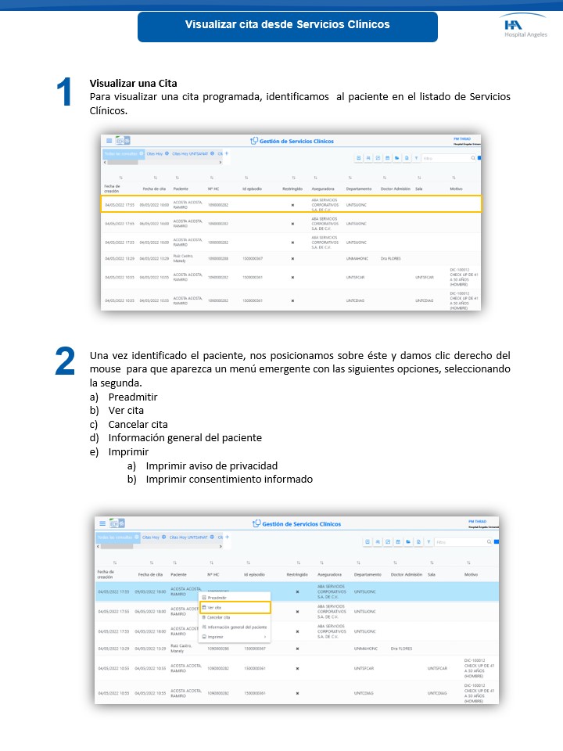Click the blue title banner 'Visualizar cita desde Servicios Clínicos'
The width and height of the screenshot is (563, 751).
coord(287,25)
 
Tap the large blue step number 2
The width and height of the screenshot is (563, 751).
coord(65,361)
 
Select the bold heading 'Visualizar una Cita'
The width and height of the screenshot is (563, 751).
coord(134,83)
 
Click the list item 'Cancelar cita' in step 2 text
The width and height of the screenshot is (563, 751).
coord(138,424)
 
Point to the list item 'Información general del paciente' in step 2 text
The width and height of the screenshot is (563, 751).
coord(185,437)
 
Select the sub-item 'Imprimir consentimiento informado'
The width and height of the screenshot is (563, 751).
coord(229,479)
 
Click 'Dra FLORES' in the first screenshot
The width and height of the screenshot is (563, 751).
coord(391,257)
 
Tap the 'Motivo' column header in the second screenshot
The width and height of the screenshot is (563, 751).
coord(471,574)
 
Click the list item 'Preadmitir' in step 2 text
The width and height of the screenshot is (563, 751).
coord(133,397)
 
